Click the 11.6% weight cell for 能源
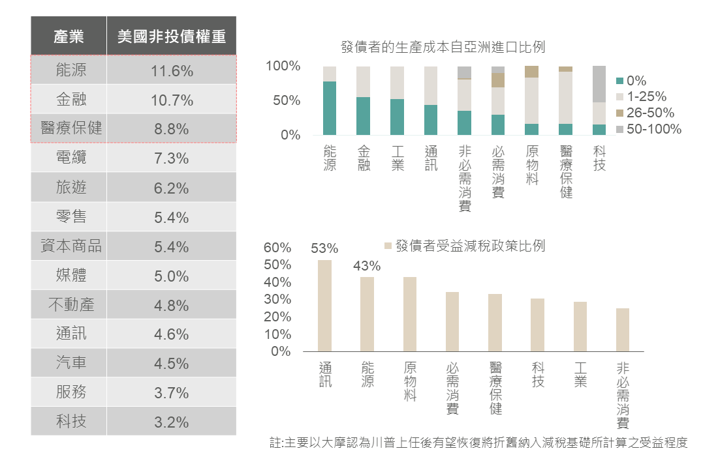tap(172, 70)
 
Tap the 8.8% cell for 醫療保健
tap(172, 129)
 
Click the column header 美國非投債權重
tap(172, 37)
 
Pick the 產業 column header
tap(69, 37)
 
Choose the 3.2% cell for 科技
tap(172, 422)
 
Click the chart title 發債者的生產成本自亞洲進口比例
tap(443, 47)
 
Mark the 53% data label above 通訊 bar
tap(324, 248)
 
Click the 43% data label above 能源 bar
tap(367, 266)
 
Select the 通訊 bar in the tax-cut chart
tap(324, 306)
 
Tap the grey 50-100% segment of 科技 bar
tap(599, 84)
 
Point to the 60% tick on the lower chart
tap(277, 248)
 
